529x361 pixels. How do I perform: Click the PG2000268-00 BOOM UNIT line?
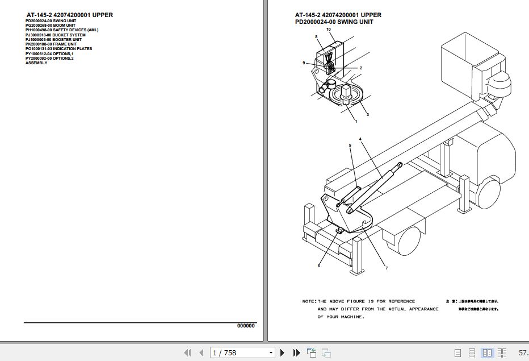coord(50,26)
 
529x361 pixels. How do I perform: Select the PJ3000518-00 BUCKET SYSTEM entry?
coord(55,35)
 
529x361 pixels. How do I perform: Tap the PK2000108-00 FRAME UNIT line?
coord(51,44)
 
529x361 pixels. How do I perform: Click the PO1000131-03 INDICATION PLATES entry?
coord(58,49)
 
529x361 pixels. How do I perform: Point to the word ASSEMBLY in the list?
coord(36,63)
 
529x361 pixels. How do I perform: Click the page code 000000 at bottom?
coord(246,326)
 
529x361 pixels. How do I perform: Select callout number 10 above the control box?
coord(328,29)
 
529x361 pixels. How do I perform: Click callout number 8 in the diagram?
coord(316,36)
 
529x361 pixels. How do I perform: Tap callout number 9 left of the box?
coord(304,63)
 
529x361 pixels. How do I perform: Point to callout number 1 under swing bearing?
coord(356,121)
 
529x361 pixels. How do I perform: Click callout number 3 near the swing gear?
coord(367,115)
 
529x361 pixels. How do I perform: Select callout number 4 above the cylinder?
coord(359,139)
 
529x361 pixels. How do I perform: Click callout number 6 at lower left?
coord(318,265)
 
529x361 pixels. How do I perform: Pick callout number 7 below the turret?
coord(387,268)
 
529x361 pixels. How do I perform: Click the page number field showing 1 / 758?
coord(242,353)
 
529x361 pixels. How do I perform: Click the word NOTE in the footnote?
coord(309,301)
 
